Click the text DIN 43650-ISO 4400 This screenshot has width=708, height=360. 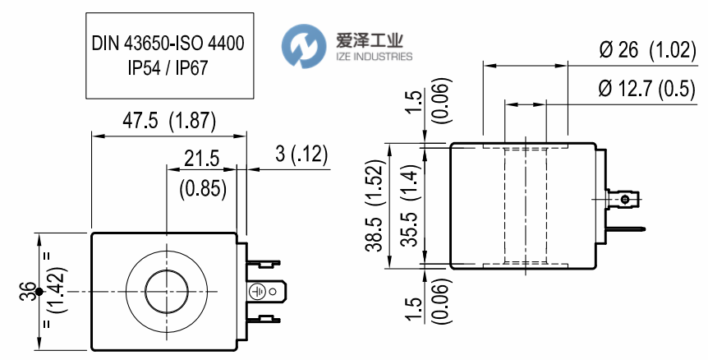(168, 40)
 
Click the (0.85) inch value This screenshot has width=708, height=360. (202, 188)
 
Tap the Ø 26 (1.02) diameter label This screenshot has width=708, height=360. (647, 51)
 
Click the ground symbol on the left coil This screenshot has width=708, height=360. (255, 291)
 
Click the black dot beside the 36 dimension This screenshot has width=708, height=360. (39, 293)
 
